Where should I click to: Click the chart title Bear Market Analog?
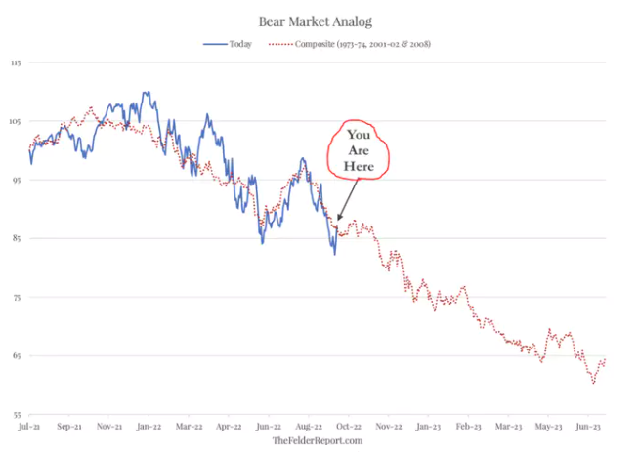tap(316, 21)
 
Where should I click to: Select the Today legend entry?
tap(228, 44)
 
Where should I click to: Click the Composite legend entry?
tap(350, 44)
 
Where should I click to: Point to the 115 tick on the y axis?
tap(16, 62)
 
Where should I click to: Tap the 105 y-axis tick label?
tap(15, 121)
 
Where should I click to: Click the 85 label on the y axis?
tap(16, 238)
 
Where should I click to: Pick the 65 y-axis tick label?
tap(16, 355)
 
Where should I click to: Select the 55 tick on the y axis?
tap(16, 415)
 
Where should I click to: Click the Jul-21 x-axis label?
tap(29, 427)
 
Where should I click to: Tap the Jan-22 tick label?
tap(149, 427)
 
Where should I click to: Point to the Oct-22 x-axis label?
tap(349, 427)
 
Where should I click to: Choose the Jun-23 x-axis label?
tap(588, 427)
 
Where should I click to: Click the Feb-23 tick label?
tap(469, 427)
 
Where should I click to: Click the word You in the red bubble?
tap(359, 135)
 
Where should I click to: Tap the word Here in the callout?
tap(359, 166)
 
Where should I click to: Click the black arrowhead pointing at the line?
tap(339, 218)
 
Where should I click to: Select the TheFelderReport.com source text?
tap(318, 440)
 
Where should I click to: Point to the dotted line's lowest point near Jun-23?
tap(594, 383)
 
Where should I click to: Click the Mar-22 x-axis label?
tap(190, 427)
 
